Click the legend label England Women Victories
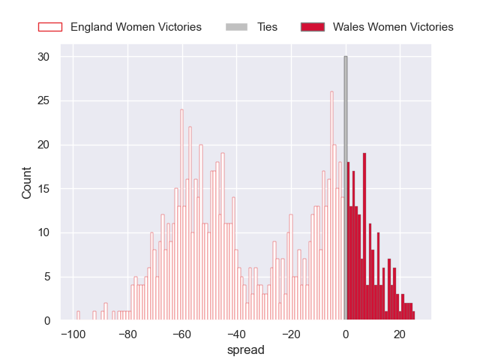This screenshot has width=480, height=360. click(x=136, y=27)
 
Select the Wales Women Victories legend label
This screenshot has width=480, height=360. click(x=393, y=27)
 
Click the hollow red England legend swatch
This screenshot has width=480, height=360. click(x=49, y=27)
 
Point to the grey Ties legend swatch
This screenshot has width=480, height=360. click(x=236, y=27)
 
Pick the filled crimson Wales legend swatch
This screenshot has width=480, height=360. click(x=312, y=27)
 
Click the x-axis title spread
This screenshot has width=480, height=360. click(x=247, y=349)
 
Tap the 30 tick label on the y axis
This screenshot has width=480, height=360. click(x=43, y=57)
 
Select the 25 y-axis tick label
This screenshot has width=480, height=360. click(x=43, y=101)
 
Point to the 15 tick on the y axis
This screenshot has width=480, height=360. click(x=43, y=189)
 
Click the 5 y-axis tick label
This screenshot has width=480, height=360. click(x=46, y=277)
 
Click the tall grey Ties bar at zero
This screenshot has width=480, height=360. click(x=346, y=187)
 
